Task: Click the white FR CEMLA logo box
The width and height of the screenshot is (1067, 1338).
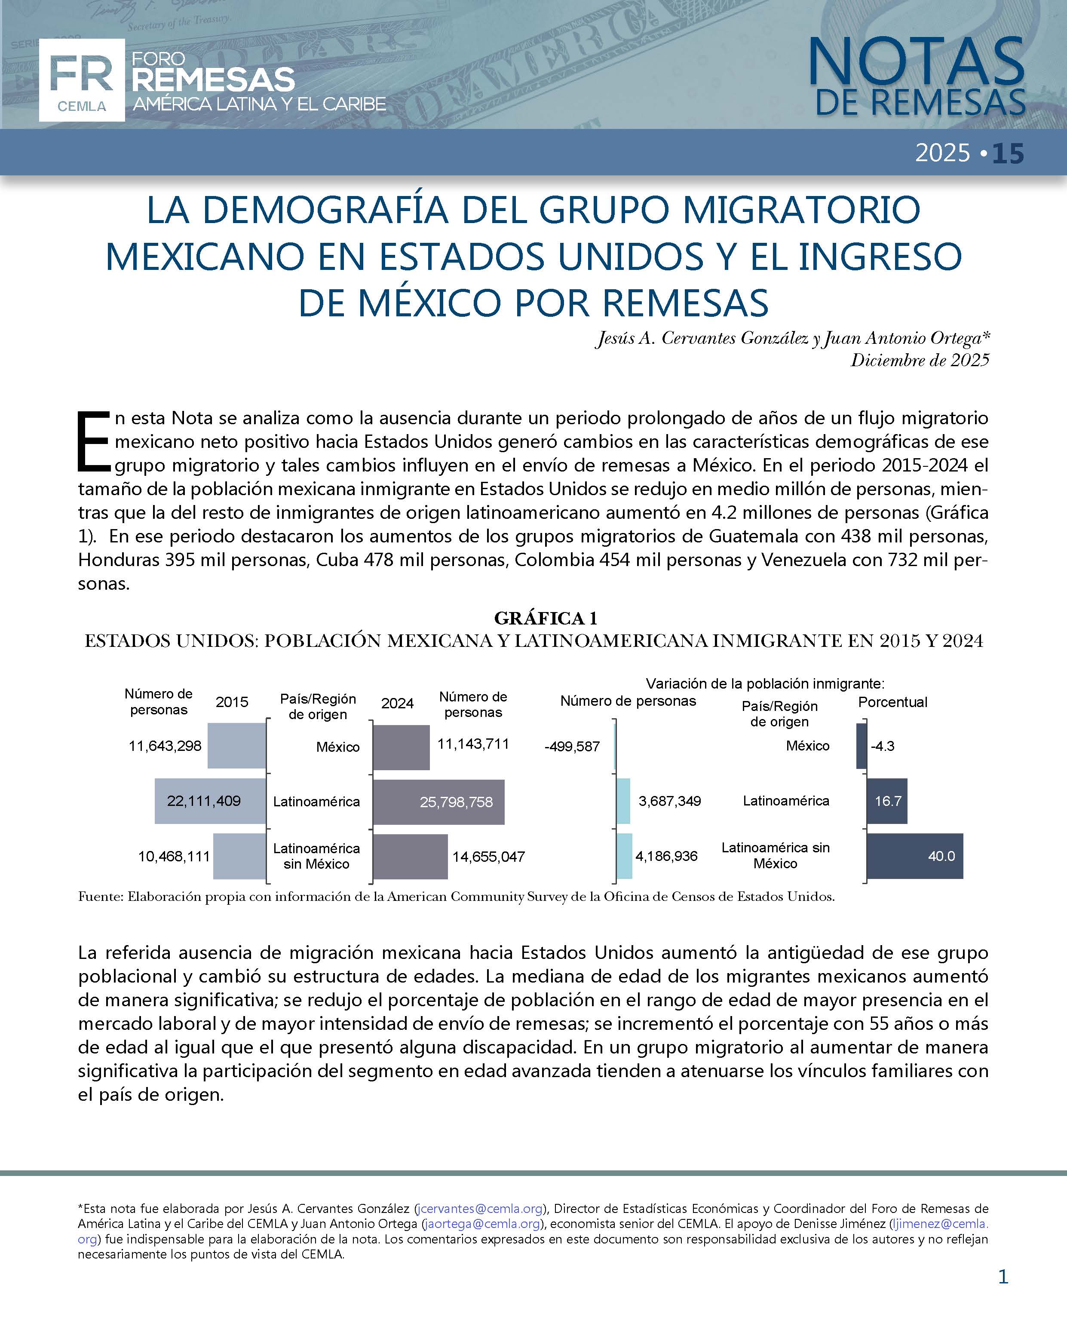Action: tap(81, 80)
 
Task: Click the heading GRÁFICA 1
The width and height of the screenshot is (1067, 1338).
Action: tap(546, 618)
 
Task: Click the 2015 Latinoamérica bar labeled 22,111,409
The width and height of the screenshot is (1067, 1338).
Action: tap(210, 801)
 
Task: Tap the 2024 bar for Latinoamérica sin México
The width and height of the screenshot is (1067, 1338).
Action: tap(410, 857)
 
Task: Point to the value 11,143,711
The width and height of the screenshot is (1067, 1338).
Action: tap(473, 744)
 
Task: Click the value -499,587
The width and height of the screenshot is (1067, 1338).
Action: tap(572, 747)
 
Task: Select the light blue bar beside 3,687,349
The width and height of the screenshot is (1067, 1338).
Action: tap(623, 801)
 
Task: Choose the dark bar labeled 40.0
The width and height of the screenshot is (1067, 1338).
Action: tap(914, 857)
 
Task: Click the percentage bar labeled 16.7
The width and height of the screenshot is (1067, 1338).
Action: tap(886, 801)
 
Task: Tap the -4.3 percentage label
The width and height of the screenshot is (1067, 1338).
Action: tap(882, 746)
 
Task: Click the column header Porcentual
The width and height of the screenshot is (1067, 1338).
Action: tap(892, 702)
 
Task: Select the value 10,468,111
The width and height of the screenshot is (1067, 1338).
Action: tap(174, 857)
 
